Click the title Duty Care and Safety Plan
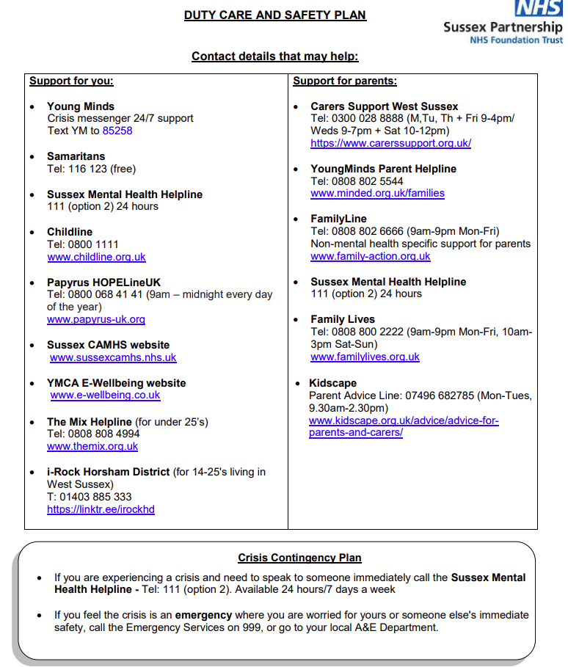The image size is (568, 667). (x=275, y=15)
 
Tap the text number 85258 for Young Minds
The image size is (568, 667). (x=117, y=131)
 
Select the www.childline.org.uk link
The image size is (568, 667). (x=96, y=257)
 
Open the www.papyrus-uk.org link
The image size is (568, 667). (x=96, y=319)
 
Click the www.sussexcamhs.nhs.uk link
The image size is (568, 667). (x=113, y=357)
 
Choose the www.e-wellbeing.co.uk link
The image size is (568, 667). (x=105, y=395)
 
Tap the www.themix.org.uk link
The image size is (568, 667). (x=92, y=446)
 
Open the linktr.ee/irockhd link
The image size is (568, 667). (x=101, y=509)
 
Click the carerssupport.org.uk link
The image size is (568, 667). (x=390, y=143)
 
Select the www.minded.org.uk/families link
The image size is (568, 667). (x=377, y=194)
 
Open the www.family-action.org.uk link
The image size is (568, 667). (x=371, y=256)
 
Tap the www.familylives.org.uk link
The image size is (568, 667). (x=365, y=357)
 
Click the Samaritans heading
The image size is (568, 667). (x=76, y=156)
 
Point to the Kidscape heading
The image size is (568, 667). (x=332, y=383)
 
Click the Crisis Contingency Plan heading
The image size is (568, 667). (x=299, y=558)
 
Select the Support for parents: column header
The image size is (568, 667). (x=345, y=81)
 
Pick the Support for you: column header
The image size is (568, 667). (x=71, y=81)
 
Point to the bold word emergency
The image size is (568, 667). (x=203, y=615)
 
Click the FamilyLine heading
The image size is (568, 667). (x=338, y=219)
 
